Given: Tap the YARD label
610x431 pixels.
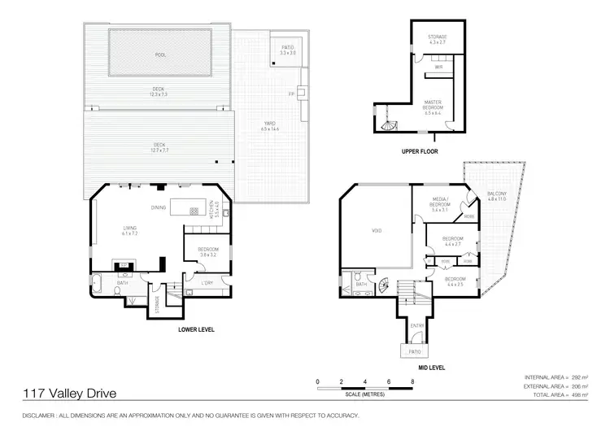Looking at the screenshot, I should point(270,126).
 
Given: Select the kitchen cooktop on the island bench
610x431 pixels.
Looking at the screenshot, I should point(194,211).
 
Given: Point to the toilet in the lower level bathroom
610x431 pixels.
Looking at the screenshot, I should point(120,290).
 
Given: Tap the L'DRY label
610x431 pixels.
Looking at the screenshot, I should point(207,282).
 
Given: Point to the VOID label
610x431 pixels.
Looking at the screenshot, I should point(377,231).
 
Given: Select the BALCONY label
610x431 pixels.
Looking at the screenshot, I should point(497,194).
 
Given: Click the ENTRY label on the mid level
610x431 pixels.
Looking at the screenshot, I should point(418,325).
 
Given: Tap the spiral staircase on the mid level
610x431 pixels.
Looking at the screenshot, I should point(382,285).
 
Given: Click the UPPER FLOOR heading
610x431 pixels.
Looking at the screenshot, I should point(420,151).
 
